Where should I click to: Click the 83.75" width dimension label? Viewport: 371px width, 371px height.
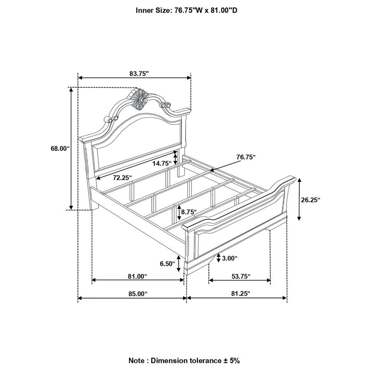139,74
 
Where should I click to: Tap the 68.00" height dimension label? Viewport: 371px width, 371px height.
60,148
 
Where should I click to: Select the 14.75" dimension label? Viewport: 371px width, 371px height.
162,164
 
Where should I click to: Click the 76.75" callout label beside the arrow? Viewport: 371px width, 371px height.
246,157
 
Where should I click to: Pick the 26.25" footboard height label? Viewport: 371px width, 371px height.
310,200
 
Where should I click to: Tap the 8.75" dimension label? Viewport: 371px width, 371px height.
188,212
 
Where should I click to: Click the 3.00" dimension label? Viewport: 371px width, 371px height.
230,258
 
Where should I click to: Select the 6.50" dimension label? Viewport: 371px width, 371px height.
167,263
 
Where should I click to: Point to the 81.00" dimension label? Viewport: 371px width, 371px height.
137,276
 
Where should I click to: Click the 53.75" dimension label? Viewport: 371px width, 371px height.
241,276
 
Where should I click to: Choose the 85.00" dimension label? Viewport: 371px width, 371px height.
138,294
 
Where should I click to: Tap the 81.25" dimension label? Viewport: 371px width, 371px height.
241,294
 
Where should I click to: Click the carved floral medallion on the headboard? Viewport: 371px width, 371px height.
140,99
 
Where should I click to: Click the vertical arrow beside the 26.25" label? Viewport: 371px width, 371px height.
299,199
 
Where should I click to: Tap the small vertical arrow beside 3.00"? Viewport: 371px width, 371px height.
218,258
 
